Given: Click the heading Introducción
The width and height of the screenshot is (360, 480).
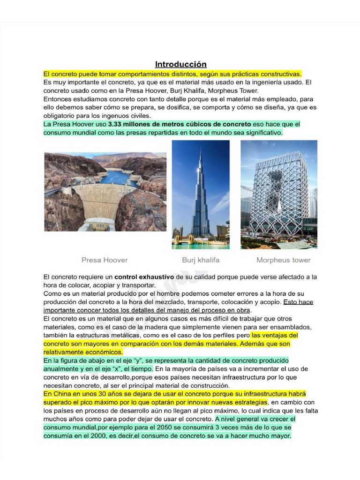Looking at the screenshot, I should point(180,64).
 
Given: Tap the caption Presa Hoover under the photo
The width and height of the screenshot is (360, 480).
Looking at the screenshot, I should point(105,260).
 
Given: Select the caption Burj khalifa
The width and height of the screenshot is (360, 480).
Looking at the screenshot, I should point(201,260).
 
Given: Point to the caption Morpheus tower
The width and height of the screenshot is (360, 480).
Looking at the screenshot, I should point(283,260).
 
